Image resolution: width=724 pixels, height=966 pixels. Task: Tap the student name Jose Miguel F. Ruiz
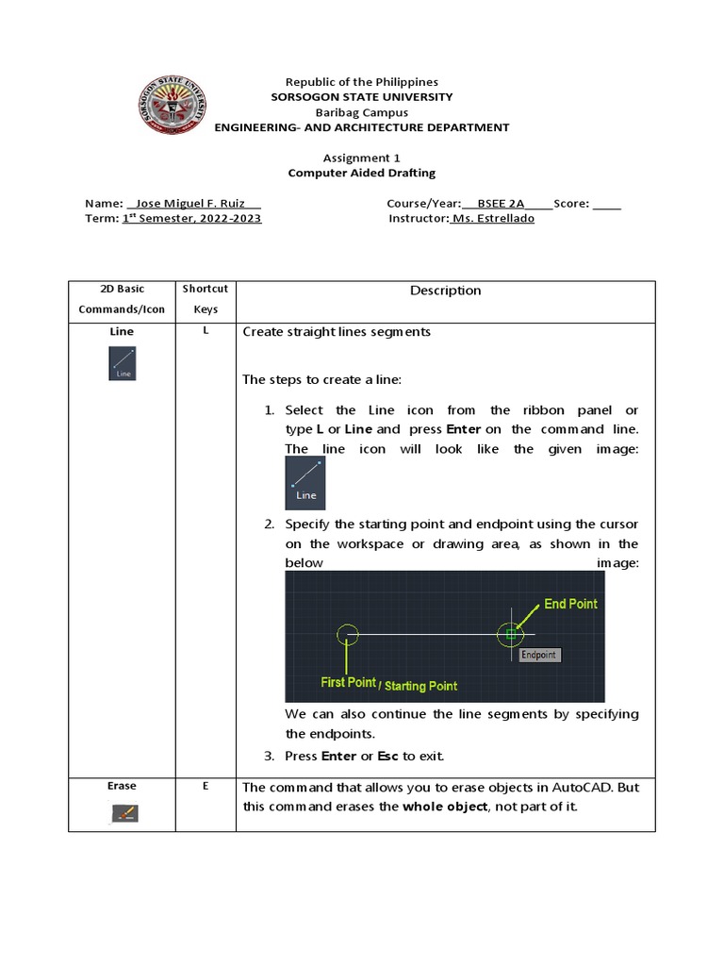[x=193, y=203]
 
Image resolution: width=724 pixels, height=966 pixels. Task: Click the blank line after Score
[x=607, y=203]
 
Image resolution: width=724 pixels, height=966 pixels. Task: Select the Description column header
[x=445, y=291]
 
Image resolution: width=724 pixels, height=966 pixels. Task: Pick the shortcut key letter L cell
[x=205, y=331]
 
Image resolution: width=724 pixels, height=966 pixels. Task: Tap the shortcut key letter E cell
[x=205, y=786]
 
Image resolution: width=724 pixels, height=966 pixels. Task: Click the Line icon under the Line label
[x=123, y=363]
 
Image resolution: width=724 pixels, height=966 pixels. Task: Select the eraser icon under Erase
[x=123, y=812]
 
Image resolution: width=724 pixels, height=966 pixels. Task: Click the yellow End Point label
[x=570, y=604]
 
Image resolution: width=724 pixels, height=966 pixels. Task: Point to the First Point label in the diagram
[x=348, y=682]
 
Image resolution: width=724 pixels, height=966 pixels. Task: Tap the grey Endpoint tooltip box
[x=539, y=655]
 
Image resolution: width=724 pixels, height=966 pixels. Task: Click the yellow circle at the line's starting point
[x=348, y=634]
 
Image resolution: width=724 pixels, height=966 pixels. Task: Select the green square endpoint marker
[x=510, y=634]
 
